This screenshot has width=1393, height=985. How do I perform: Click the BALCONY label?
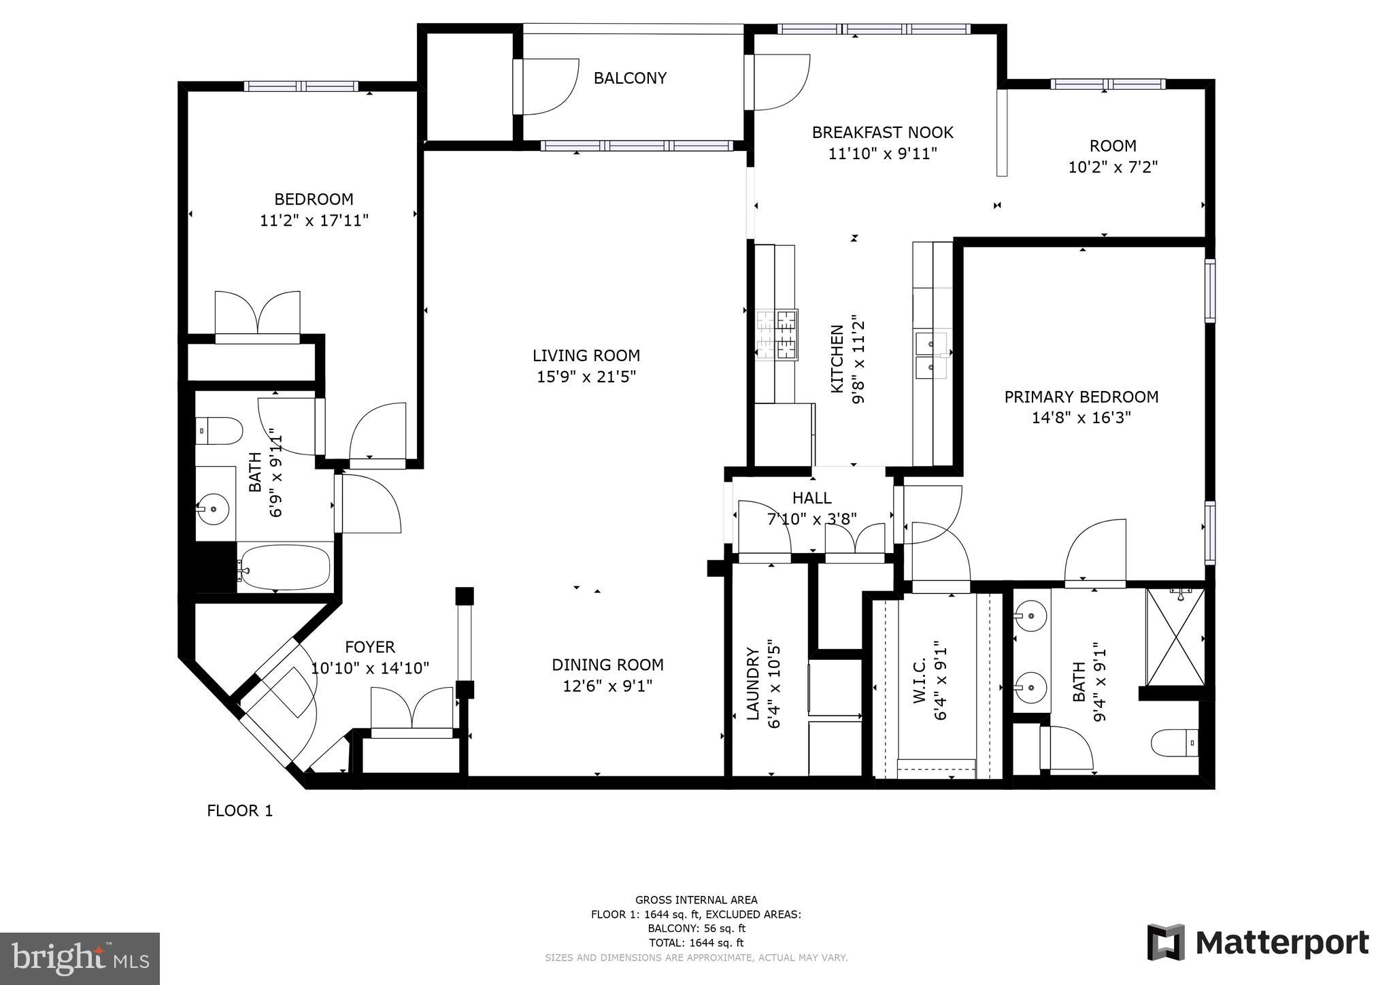click(629, 78)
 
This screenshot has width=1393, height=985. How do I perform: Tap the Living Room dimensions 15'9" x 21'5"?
click(586, 377)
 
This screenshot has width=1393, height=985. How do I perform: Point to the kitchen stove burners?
click(777, 334)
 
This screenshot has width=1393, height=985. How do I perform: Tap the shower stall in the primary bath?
click(1175, 637)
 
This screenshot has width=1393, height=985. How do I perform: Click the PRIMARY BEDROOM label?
click(1081, 397)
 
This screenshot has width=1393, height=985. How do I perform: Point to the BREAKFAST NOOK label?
click(882, 133)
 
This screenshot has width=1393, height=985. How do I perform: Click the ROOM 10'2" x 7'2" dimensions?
click(1113, 167)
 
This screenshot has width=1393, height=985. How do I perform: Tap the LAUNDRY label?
click(753, 683)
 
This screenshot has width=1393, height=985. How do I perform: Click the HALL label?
click(811, 498)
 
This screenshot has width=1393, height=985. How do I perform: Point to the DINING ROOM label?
click(607, 665)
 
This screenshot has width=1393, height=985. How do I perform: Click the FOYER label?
click(369, 647)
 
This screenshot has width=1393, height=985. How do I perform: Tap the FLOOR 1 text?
click(239, 811)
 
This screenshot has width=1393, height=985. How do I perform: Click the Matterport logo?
click(1258, 942)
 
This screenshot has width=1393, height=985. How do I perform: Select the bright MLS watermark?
click(80, 958)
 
